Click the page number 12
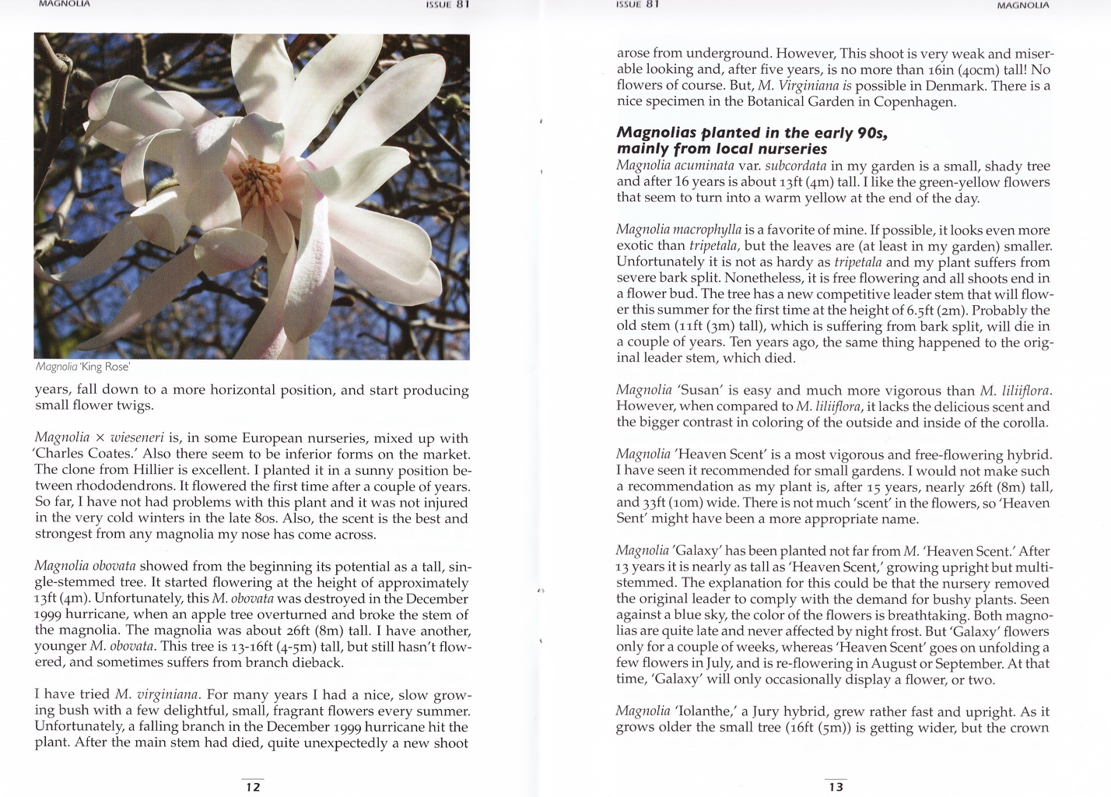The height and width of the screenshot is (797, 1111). tap(253, 786)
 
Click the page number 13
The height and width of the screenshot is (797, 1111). tap(836, 786)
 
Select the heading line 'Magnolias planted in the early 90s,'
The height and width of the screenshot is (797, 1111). tap(752, 132)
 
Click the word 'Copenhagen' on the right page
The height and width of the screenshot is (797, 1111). tap(914, 102)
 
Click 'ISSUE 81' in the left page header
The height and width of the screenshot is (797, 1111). tap(447, 5)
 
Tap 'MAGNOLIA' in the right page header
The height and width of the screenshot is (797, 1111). tap(1023, 5)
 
